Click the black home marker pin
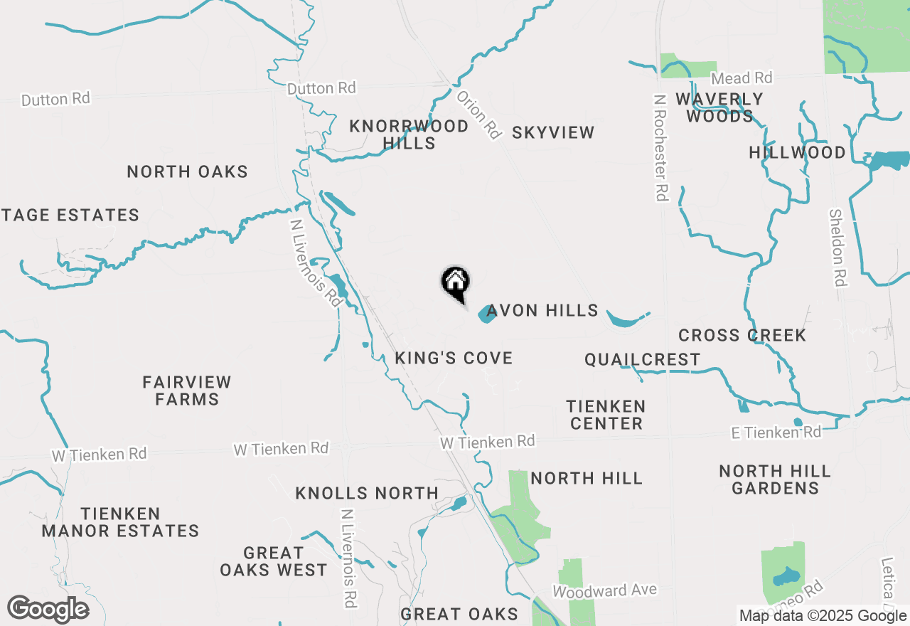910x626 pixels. tap(455, 283)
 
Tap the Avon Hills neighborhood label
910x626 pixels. tap(542, 310)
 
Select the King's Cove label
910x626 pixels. tap(454, 358)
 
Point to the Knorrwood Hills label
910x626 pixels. tap(409, 134)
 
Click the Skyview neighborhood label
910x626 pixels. tap(552, 132)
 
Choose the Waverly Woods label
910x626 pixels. tap(719, 107)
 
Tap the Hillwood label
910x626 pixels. tap(797, 152)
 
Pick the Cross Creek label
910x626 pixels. tap(742, 335)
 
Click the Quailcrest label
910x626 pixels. tap(643, 359)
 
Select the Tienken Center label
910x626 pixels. tap(606, 415)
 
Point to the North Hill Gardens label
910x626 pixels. tap(775, 479)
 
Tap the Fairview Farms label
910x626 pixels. tap(187, 391)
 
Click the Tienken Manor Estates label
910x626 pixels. tap(120, 522)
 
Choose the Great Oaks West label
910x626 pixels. tap(274, 561)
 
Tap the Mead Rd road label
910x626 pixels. tap(742, 78)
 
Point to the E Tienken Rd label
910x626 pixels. tap(776, 433)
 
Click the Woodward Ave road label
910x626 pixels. tap(604, 590)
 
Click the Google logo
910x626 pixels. tap(48, 610)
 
